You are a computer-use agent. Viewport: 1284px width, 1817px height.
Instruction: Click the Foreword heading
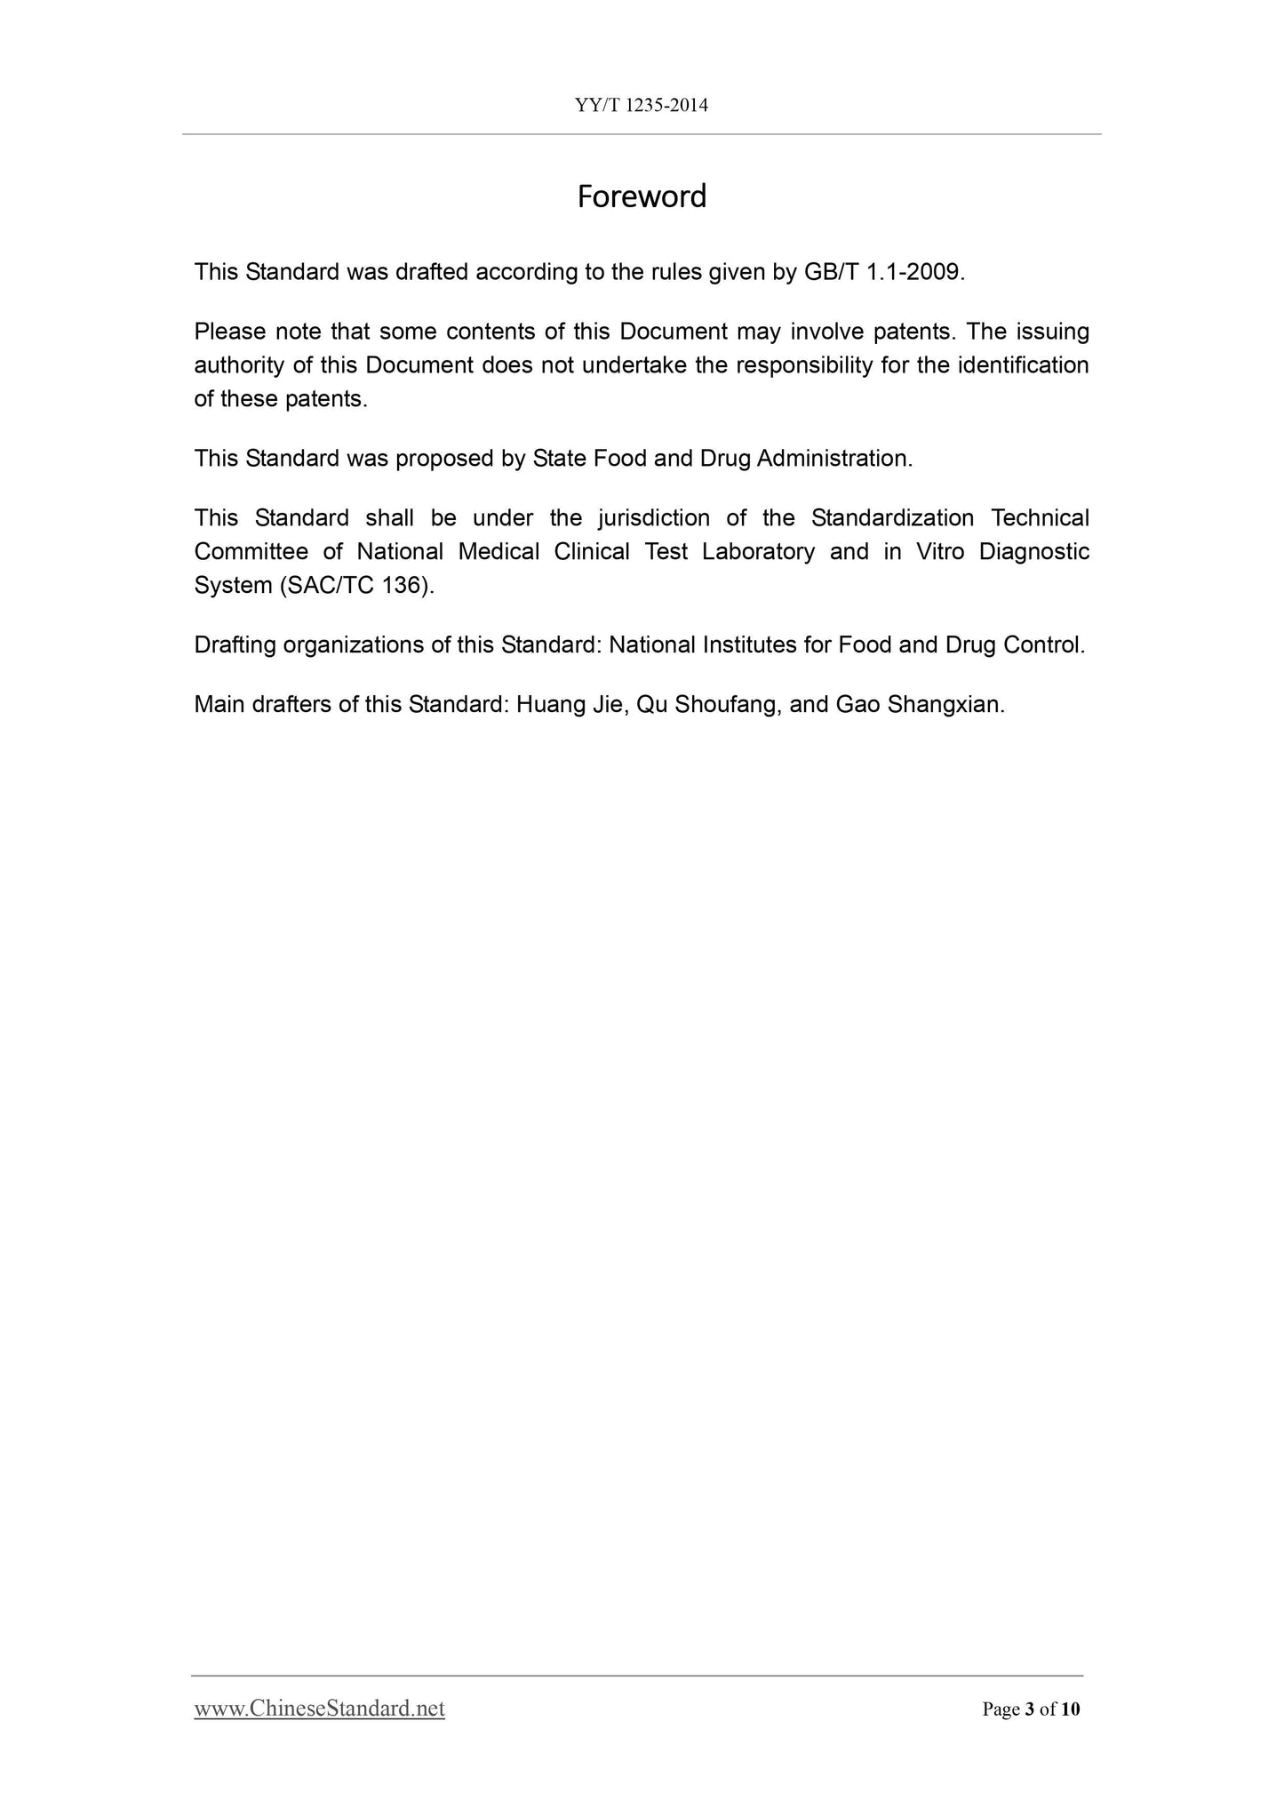pos(642,196)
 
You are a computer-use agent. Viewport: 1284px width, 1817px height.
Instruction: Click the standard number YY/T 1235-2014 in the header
pos(642,106)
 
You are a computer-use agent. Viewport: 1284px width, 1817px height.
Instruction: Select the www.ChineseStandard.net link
pos(319,1708)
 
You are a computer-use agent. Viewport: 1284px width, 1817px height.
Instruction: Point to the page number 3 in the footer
pos(1030,1709)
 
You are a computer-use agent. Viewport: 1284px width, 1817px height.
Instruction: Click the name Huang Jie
pos(572,705)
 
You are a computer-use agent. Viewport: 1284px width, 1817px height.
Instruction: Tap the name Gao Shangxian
pos(920,705)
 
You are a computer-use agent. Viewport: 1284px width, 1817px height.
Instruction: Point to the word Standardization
pos(892,518)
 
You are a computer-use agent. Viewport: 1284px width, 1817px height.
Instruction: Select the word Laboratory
pos(758,552)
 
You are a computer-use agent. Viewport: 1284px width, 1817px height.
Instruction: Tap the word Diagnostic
pos(1033,552)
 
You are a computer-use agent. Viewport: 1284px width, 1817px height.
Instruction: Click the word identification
pos(1023,365)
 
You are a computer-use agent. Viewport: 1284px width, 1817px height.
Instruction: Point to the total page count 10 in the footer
pos(1070,1709)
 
